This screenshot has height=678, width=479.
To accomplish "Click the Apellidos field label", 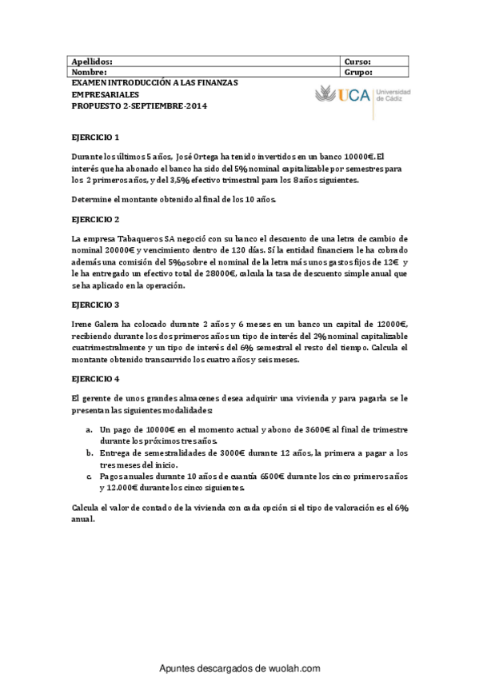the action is tap(93, 61).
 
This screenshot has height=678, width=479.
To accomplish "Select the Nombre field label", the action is tap(90, 71).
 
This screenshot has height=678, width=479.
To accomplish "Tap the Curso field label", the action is tap(357, 61).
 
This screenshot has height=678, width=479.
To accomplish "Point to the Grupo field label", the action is tap(358, 71).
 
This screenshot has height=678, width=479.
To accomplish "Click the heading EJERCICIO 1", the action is tap(95, 137).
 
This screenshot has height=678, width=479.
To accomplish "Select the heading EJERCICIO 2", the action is tap(95, 218).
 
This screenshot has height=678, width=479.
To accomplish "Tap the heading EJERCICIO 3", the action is tap(95, 305).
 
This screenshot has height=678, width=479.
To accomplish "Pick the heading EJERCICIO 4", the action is tap(95, 378).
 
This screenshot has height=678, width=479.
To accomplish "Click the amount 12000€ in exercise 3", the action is tap(388, 324).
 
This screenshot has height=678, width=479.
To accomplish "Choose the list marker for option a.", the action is tap(89, 429).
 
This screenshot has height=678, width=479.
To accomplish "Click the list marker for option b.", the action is tap(89, 453).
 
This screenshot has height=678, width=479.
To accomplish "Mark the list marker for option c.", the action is tap(89, 476).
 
